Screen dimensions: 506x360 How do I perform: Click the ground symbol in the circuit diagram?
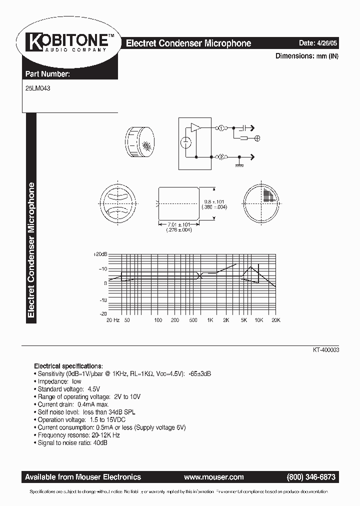239,165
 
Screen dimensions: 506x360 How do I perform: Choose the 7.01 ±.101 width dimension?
178,225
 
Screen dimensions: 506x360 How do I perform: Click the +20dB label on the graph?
100,254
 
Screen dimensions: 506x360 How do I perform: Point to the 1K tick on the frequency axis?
210,319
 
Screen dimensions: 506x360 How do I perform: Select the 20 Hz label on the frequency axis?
113,319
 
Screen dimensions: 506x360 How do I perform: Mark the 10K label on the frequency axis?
258,319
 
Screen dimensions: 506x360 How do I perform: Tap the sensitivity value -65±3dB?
203,373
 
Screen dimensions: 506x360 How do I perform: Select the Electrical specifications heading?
68,365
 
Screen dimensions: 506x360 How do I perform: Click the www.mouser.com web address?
213,477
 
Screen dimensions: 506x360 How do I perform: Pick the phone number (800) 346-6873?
311,477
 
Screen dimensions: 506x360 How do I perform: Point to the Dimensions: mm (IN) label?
307,56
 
